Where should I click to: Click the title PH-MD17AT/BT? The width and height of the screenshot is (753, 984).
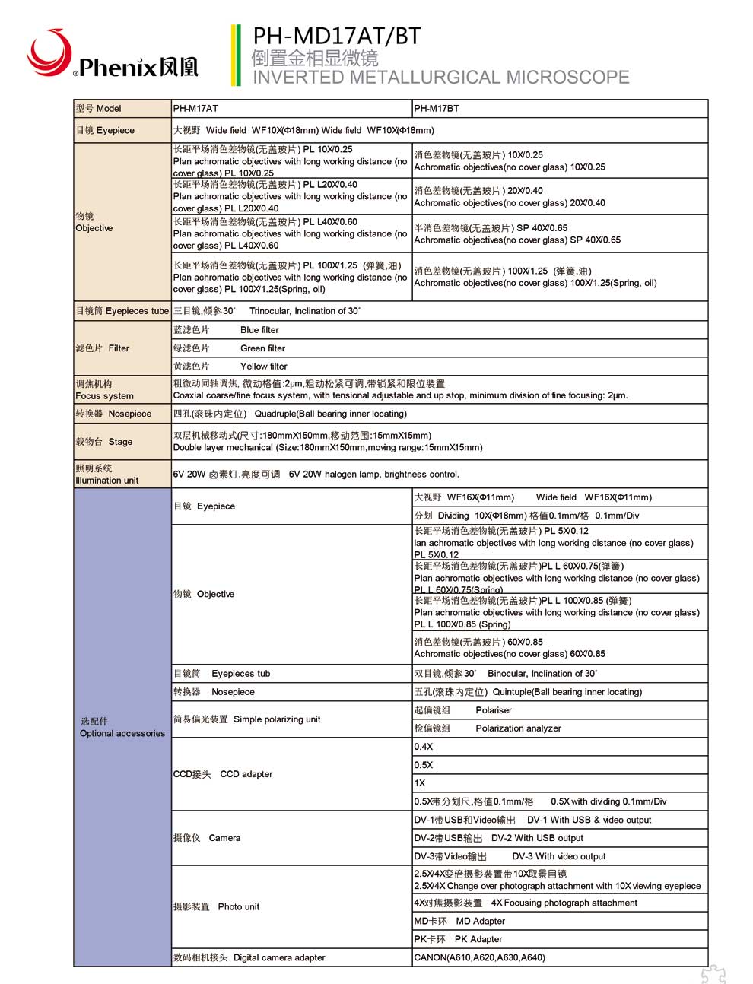point(336,36)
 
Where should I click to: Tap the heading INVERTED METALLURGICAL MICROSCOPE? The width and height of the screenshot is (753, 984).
point(440,78)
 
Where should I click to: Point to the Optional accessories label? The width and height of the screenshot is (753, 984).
point(122,728)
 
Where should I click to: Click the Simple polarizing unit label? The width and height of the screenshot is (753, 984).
point(247,719)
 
